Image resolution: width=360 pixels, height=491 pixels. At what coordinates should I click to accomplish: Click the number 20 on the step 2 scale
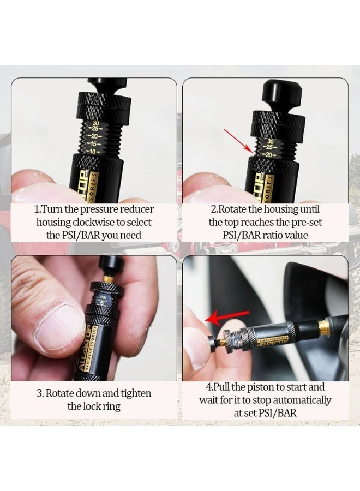269,154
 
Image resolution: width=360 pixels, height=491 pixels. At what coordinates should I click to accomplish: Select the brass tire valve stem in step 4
324,326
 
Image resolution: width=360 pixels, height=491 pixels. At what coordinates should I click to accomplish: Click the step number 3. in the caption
39,393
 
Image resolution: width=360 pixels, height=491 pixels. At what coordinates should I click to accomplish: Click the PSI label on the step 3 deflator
103,297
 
